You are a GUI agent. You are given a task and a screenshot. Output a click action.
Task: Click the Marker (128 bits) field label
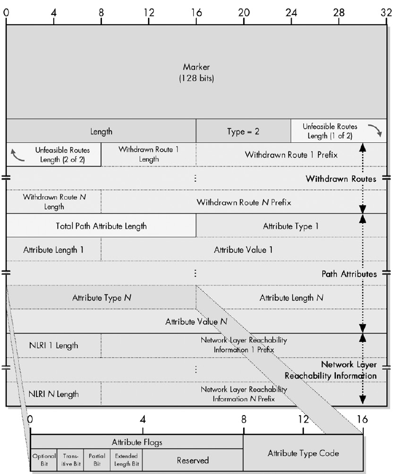[x=196, y=72]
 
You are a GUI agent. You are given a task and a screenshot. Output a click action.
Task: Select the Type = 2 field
[x=243, y=131]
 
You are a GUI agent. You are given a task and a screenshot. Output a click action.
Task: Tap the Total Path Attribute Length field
[x=101, y=226]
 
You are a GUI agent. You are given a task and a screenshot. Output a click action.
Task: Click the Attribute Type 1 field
[x=291, y=226]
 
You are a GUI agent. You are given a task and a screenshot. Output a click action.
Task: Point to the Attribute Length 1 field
[x=53, y=250]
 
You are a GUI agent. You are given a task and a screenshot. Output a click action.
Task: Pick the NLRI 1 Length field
[x=54, y=345]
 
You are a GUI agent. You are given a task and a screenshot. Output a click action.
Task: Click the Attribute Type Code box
[x=303, y=453]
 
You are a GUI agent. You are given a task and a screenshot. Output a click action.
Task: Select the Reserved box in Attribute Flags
[x=192, y=460]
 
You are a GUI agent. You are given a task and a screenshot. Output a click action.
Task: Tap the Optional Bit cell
[x=43, y=460]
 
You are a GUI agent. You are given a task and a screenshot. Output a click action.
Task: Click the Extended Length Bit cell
[x=126, y=460]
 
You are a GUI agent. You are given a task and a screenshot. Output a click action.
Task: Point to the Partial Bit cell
[x=97, y=460]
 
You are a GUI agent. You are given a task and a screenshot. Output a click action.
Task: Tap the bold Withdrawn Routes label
[x=340, y=179]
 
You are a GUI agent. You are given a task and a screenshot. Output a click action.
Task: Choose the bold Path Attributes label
[x=349, y=274]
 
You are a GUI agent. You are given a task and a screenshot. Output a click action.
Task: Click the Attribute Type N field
[x=101, y=298]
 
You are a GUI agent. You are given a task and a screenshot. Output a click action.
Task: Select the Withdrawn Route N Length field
[x=54, y=201]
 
